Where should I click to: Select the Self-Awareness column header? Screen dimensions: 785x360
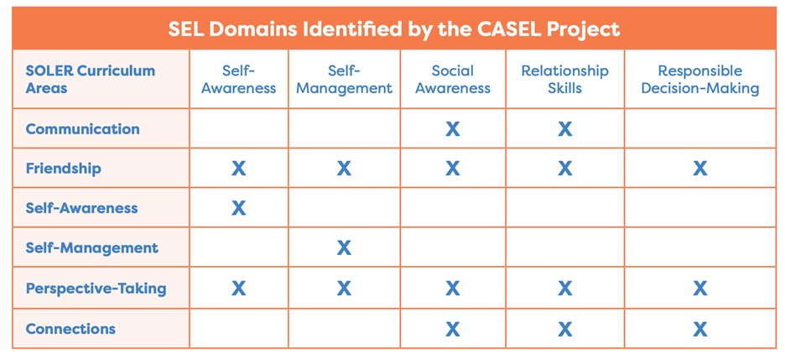(238, 79)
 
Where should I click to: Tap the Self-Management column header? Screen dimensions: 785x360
(344, 79)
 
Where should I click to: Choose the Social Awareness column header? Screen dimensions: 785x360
(453, 79)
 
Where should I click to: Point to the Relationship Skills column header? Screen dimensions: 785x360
(564, 79)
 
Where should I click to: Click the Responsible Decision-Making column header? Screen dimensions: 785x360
(700, 79)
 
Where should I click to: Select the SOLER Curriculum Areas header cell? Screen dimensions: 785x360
(90, 79)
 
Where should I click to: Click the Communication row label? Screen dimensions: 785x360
(82, 128)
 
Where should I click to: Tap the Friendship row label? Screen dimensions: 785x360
(63, 168)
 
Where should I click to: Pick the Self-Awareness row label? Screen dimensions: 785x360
(81, 208)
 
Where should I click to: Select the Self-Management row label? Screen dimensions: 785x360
(91, 248)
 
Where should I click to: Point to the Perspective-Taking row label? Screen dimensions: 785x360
(96, 289)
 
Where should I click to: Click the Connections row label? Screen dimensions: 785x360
(70, 329)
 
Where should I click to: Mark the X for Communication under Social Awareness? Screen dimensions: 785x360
(453, 129)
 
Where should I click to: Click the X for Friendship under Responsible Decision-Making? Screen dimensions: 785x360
(700, 169)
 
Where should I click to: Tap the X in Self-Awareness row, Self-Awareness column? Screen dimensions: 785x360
(238, 208)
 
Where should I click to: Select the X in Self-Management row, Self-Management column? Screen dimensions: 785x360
(344, 248)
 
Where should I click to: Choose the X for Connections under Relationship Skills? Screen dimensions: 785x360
(564, 329)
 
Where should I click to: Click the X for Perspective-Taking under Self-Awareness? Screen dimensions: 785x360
(238, 289)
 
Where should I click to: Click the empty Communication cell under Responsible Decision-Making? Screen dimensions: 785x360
(700, 128)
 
